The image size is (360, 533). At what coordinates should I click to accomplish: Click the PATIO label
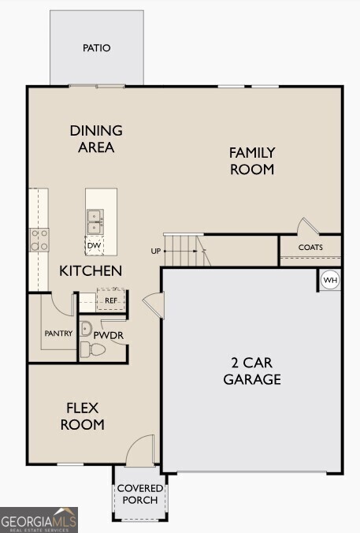(97, 48)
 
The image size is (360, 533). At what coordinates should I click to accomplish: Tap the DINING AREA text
(96, 139)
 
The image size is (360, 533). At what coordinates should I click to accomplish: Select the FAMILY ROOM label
(252, 161)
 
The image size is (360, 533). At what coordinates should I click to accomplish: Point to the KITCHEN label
(91, 271)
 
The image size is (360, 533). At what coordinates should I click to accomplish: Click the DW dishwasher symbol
(94, 245)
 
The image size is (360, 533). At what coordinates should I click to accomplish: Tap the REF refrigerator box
(111, 300)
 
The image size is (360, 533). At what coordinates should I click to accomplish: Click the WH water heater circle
(330, 280)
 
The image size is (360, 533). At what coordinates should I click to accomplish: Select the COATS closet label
(310, 247)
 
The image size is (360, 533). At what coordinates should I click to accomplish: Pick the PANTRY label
(59, 333)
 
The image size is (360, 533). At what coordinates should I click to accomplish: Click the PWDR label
(109, 336)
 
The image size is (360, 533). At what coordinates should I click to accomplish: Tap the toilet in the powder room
(93, 349)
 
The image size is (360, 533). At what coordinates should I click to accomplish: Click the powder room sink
(86, 329)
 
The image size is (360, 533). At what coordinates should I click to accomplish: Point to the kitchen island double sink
(95, 222)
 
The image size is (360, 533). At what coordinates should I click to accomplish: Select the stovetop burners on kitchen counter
(39, 240)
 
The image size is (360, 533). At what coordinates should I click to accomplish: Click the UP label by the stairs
(155, 252)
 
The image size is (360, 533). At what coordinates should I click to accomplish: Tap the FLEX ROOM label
(82, 416)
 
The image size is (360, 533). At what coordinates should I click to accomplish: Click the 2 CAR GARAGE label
(252, 371)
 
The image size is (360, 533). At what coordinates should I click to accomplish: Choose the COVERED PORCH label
(140, 494)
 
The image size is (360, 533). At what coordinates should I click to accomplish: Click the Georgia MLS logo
(39, 520)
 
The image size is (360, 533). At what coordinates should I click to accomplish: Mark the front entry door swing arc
(135, 443)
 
